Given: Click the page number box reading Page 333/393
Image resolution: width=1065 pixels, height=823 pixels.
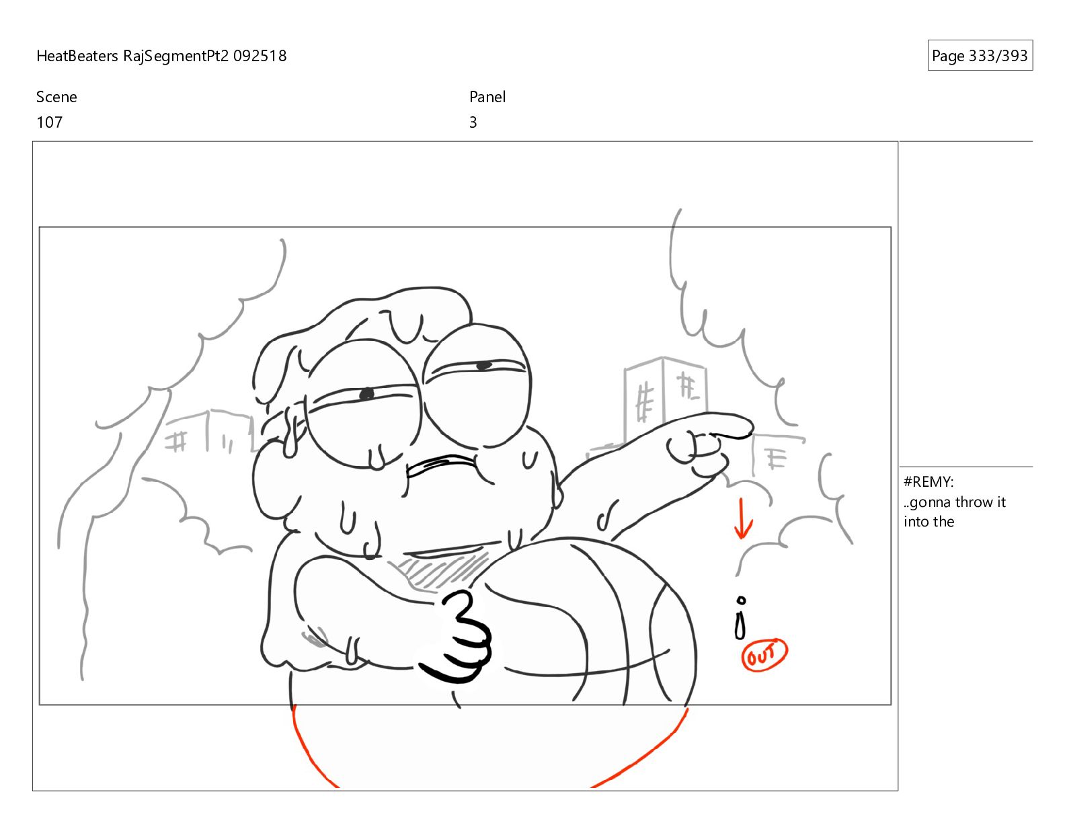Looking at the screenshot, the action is coord(980,55).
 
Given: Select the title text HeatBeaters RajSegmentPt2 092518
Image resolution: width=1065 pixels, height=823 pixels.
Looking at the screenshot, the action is coord(161,56).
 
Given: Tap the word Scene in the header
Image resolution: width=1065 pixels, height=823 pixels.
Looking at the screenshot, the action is coord(56,97).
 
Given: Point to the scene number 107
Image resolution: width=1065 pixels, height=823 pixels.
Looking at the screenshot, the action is coord(50,122).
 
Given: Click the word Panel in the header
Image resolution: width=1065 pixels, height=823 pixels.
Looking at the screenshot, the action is coord(487,97).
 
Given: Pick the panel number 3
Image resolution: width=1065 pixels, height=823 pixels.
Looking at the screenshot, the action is coord(473,122).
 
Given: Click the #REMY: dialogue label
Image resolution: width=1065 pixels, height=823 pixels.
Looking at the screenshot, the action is coord(929,482).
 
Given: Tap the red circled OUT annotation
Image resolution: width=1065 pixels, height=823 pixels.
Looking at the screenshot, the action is coord(764,654).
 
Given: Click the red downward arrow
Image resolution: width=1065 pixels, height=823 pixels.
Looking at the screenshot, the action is coord(742,518).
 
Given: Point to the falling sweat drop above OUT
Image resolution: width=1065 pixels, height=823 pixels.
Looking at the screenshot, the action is coord(740,618).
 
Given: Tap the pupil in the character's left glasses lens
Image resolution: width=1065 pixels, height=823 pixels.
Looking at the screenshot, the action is coord(366,393).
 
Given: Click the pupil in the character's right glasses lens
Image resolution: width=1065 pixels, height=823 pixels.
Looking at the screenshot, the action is coord(483,366).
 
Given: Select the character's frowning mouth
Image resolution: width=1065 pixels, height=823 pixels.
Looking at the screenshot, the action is coord(441,466).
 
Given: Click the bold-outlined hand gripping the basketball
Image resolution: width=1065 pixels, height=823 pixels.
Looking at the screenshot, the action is coord(459,637).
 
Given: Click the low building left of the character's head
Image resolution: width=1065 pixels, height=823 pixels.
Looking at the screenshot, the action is coord(208,432).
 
